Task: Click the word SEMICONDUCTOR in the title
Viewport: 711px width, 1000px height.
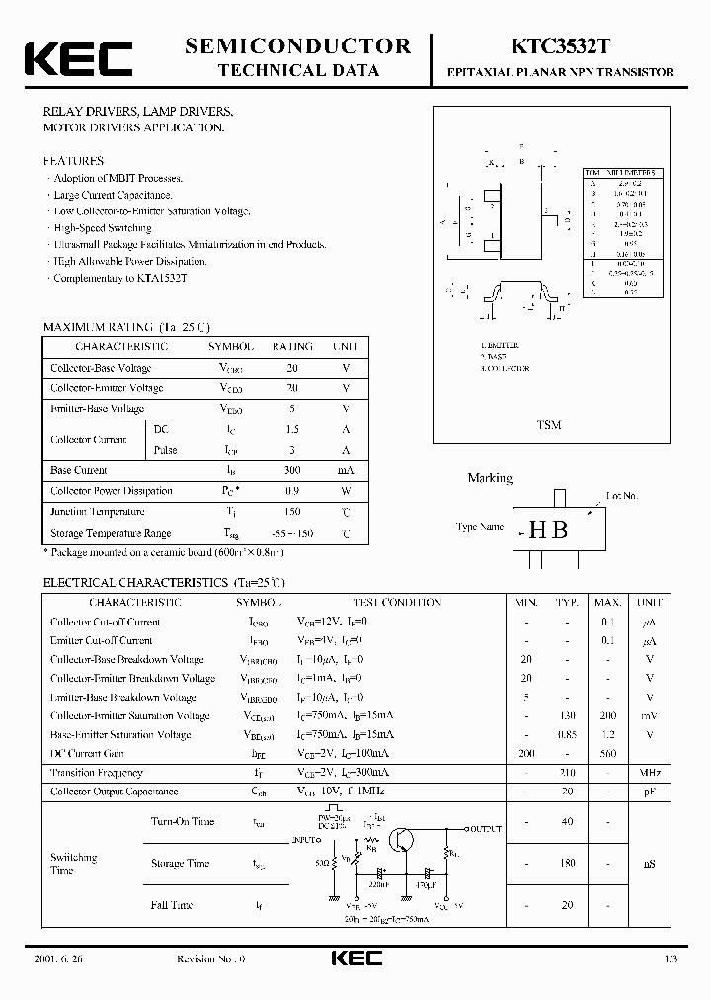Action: tap(298, 45)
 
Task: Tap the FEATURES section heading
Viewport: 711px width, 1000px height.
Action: tap(73, 160)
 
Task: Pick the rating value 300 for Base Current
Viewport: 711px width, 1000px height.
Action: tap(292, 470)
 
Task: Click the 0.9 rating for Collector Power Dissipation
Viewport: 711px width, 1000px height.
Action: tap(292, 491)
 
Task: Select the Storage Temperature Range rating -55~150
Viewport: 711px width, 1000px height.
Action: tap(292, 533)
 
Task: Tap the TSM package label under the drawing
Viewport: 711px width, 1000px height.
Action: tap(548, 425)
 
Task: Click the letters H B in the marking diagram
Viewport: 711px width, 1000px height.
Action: tap(549, 528)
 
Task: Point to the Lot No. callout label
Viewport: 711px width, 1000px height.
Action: tap(622, 496)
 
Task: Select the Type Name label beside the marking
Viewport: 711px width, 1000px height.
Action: tap(480, 527)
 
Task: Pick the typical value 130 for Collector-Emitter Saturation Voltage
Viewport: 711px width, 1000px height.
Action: tap(566, 716)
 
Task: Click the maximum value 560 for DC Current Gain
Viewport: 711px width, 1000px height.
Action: tap(607, 754)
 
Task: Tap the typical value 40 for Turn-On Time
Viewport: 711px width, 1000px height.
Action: tap(566, 821)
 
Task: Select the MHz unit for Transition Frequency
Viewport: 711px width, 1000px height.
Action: tap(649, 773)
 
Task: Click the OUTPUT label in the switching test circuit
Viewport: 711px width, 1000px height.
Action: tap(483, 829)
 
